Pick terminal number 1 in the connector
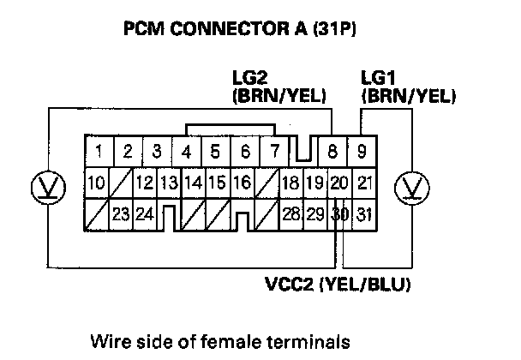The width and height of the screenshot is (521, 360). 99,154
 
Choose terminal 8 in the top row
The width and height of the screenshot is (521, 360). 332,154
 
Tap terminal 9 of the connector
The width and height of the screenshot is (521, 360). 362,154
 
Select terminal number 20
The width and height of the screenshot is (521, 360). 338,183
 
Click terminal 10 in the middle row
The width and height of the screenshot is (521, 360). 96,183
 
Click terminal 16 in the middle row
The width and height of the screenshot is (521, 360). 242,183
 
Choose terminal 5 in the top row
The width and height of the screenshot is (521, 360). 215,154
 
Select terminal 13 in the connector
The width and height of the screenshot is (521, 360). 169,183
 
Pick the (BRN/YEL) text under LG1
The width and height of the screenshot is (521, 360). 406,97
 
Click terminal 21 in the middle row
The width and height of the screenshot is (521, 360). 364,183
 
